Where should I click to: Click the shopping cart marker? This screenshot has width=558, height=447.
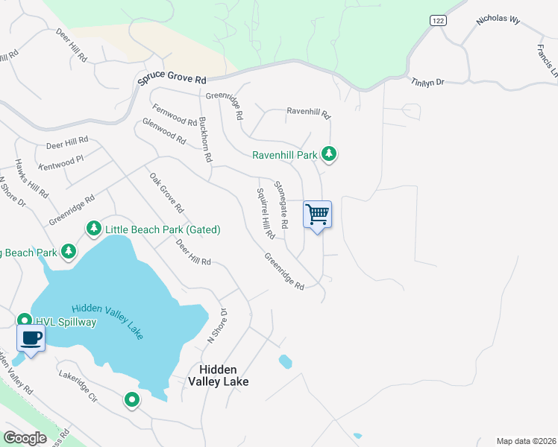(317, 215)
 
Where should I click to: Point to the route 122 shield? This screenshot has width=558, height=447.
(437, 21)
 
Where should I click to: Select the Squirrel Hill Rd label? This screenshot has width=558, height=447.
(266, 212)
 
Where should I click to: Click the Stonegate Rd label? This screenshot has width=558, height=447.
(280, 204)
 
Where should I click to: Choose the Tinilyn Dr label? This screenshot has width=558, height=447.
(427, 82)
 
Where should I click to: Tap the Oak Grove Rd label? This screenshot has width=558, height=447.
(166, 192)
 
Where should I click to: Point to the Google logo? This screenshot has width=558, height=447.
(25, 438)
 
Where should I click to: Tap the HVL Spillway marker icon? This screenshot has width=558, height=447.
(24, 320)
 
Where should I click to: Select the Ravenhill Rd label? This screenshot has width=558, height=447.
(308, 112)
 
